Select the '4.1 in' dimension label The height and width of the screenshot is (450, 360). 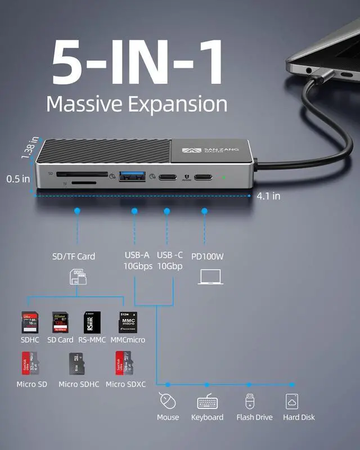(268, 196)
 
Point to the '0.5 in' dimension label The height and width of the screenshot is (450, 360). (18, 179)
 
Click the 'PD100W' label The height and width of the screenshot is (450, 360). (208, 256)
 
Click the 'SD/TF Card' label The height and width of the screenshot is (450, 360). (74, 256)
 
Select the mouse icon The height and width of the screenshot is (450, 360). (168, 401)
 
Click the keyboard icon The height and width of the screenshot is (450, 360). (207, 402)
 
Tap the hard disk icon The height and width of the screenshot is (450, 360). (292, 401)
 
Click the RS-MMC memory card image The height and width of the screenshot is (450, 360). (92, 323)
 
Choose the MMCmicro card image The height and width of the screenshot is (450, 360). (128, 322)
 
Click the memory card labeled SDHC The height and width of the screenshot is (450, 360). (29, 322)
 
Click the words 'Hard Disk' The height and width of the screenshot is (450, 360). (299, 417)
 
